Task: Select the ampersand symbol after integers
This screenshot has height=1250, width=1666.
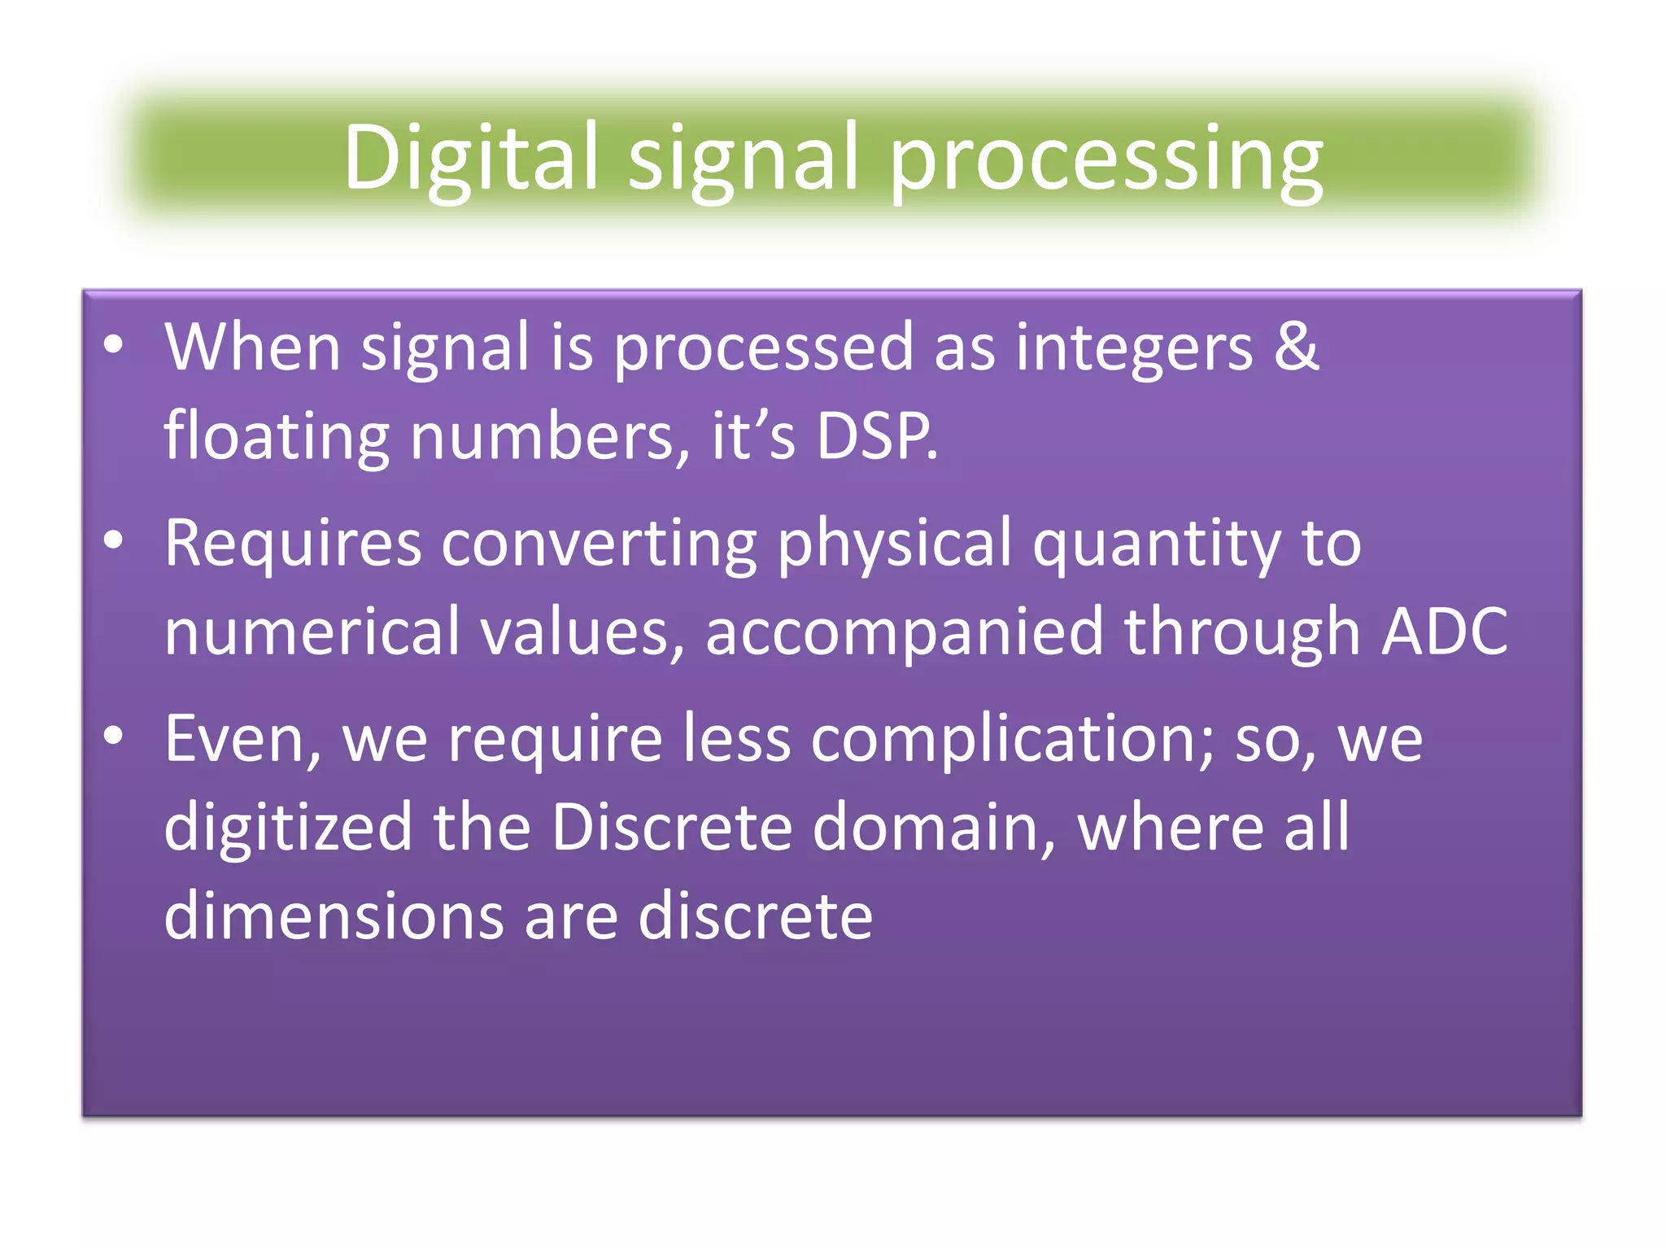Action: coord(1296,347)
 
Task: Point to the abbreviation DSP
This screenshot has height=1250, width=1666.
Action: coord(876,437)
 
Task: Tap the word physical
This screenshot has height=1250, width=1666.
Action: coord(894,545)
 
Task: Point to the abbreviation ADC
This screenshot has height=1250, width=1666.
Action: coord(1445,632)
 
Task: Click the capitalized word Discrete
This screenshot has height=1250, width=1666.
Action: coord(671,828)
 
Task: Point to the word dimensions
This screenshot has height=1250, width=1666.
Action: coord(334,916)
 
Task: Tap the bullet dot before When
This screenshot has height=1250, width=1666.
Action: coord(113,345)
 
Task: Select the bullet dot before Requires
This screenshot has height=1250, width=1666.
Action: coord(113,540)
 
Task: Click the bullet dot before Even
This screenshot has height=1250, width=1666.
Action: coord(113,736)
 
